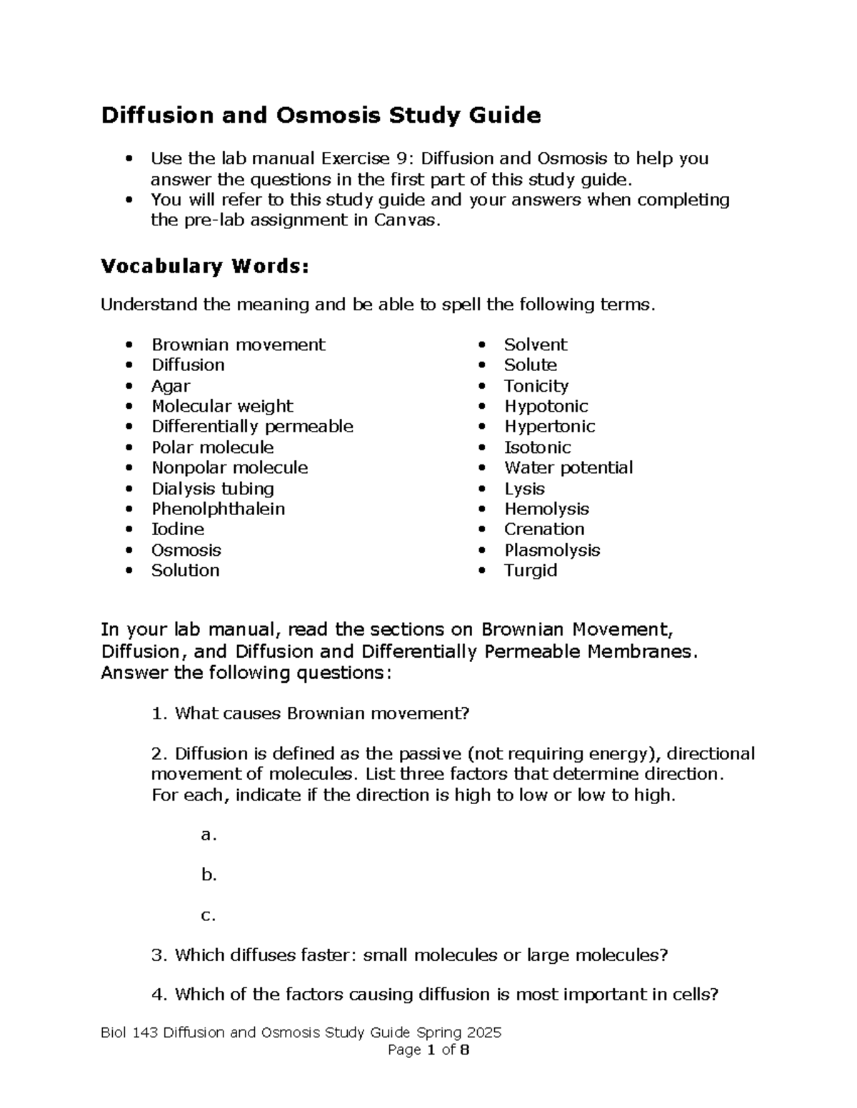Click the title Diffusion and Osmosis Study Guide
[x=321, y=115]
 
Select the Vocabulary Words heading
[x=206, y=266]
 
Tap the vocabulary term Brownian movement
[x=238, y=345]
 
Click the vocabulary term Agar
[x=171, y=386]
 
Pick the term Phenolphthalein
[x=218, y=509]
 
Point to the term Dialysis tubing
[x=213, y=489]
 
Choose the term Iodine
[x=178, y=529]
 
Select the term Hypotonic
[x=546, y=406]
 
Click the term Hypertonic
[x=549, y=427]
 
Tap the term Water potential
[x=568, y=468]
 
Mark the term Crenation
[x=544, y=529]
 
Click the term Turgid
[x=531, y=571]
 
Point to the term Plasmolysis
[x=552, y=550]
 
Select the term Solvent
[x=536, y=345]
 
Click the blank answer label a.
[x=208, y=835]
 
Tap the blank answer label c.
[x=208, y=915]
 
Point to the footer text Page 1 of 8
[x=428, y=1050]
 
